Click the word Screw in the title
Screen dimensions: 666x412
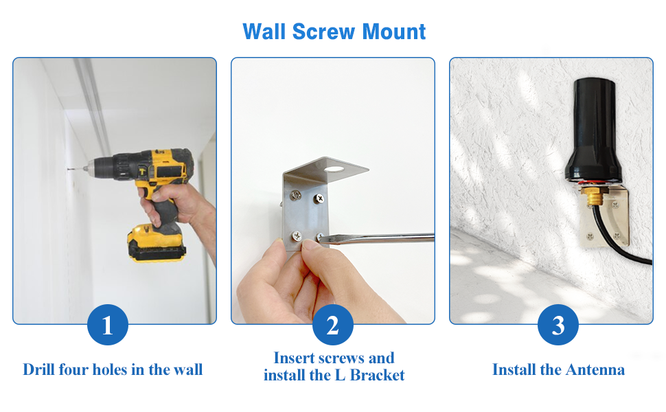[x=323, y=32]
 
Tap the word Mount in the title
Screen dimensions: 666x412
[x=393, y=32]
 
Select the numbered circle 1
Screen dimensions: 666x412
[x=108, y=325]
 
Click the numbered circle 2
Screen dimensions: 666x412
[x=332, y=325]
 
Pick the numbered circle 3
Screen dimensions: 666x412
[x=558, y=325]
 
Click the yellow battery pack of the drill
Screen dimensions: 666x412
[x=157, y=243]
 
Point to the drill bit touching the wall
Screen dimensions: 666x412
[x=77, y=170]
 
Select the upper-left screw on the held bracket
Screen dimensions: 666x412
[x=296, y=196]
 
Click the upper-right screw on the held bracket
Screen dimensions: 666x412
[x=319, y=198]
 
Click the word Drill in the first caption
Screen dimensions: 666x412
[x=39, y=369]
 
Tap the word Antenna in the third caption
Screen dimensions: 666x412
[x=595, y=369]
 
